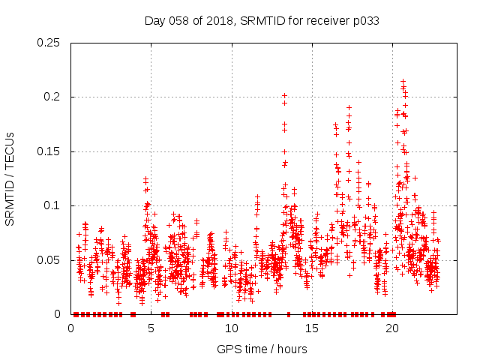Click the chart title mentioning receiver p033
(261, 20)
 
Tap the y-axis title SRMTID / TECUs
(10, 178)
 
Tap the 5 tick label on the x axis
(151, 328)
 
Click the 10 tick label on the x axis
(232, 328)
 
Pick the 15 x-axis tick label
(312, 328)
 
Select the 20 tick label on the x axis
(392, 328)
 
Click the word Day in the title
(154, 20)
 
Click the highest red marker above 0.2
(403, 81)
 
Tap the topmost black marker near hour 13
(284, 95)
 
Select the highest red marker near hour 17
(349, 107)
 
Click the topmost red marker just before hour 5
(145, 178)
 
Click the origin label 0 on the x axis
(71, 328)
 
